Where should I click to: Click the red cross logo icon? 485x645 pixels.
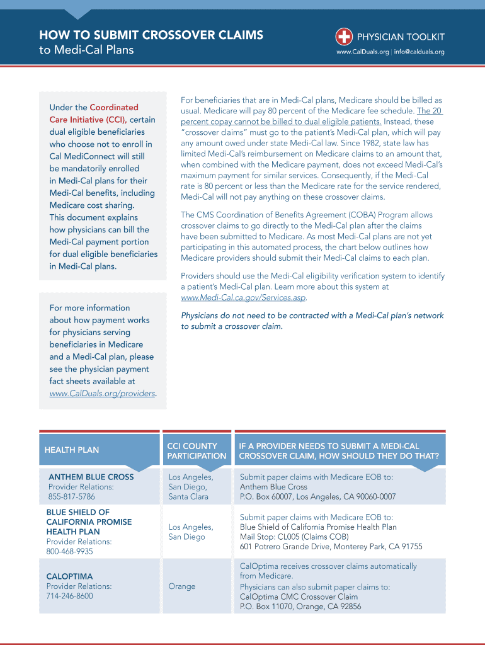click(343, 36)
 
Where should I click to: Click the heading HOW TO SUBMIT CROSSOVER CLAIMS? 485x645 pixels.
click(151, 35)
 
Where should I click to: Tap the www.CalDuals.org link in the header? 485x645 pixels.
click(362, 52)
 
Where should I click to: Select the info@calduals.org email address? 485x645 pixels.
click(419, 52)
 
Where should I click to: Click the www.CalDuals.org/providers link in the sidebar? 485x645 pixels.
click(102, 394)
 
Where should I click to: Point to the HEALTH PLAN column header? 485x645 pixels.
click(72, 450)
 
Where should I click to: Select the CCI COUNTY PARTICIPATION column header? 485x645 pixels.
click(197, 450)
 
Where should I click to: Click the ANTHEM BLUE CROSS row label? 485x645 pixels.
click(91, 477)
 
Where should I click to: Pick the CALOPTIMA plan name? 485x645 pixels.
click(69, 576)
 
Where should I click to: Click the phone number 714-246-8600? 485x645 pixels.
click(69, 596)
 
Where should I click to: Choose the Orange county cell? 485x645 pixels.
click(181, 586)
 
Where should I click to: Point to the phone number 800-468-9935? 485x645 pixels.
click(69, 552)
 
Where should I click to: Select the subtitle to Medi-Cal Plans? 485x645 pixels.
click(86, 50)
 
